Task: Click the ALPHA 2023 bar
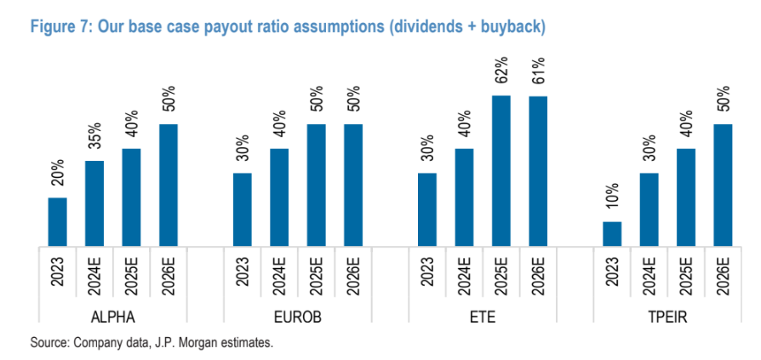tap(57, 222)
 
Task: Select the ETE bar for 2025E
tap(501, 171)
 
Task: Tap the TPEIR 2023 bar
tap(611, 234)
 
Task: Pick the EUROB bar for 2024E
tap(280, 197)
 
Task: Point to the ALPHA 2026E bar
tap(169, 186)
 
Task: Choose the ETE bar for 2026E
tap(538, 171)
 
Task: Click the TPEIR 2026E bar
tap(723, 186)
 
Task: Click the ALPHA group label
tap(112, 318)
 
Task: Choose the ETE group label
tap(482, 318)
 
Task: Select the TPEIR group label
tap(667, 318)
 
